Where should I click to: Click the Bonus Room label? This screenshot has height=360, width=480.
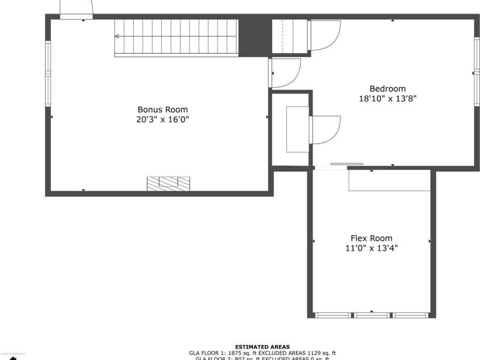click(162, 109)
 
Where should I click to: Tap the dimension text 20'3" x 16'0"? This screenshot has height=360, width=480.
click(162, 120)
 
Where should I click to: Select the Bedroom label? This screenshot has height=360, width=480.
click(387, 88)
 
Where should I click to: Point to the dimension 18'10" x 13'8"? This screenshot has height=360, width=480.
click(387, 98)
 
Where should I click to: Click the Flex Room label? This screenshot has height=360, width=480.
click(371, 238)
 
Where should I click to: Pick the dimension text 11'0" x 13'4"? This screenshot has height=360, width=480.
click(371, 248)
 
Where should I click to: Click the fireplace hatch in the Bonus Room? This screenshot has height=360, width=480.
click(168, 183)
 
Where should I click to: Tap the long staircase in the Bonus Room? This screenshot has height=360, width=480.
click(176, 38)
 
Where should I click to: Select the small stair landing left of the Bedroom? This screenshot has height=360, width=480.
click(289, 37)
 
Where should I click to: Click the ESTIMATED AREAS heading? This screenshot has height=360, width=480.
click(262, 346)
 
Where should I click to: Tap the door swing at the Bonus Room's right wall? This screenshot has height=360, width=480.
click(285, 73)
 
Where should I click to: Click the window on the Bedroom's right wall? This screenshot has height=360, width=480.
click(476, 72)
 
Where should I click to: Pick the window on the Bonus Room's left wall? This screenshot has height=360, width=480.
click(48, 74)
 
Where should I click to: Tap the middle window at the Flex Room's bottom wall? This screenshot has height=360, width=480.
click(371, 314)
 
